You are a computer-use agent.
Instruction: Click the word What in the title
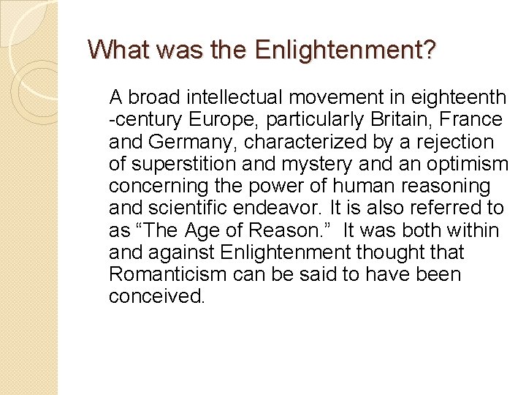coord(112,50)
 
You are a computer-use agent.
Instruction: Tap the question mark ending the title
coord(429,50)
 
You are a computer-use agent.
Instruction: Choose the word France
coord(474,119)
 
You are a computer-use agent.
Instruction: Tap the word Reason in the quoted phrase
coord(281,230)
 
